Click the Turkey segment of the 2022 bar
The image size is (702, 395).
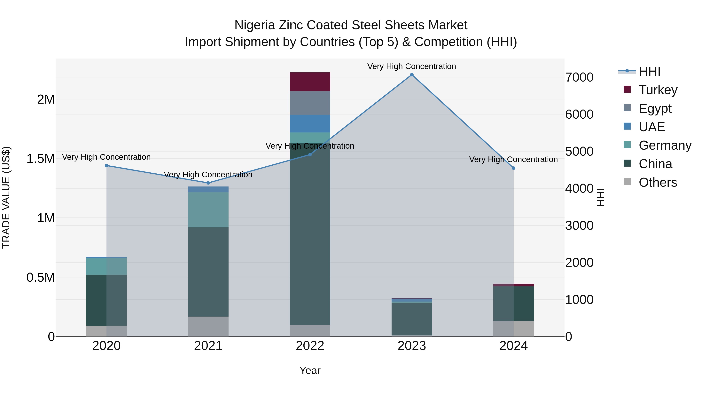click(310, 82)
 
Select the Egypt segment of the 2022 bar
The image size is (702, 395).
click(310, 103)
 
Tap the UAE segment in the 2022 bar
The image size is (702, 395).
click(310, 123)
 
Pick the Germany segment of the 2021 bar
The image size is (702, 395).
click(208, 210)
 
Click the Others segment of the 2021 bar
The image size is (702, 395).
click(208, 326)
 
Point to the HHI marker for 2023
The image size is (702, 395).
click(412, 75)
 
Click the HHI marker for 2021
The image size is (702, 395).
click(208, 183)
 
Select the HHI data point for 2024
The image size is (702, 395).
click(513, 168)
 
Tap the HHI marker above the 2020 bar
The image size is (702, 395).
click(106, 165)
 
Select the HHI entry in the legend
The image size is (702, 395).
click(649, 71)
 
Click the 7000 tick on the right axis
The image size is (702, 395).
click(579, 77)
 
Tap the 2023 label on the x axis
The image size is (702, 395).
click(412, 346)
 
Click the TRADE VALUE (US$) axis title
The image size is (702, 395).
click(6, 197)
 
